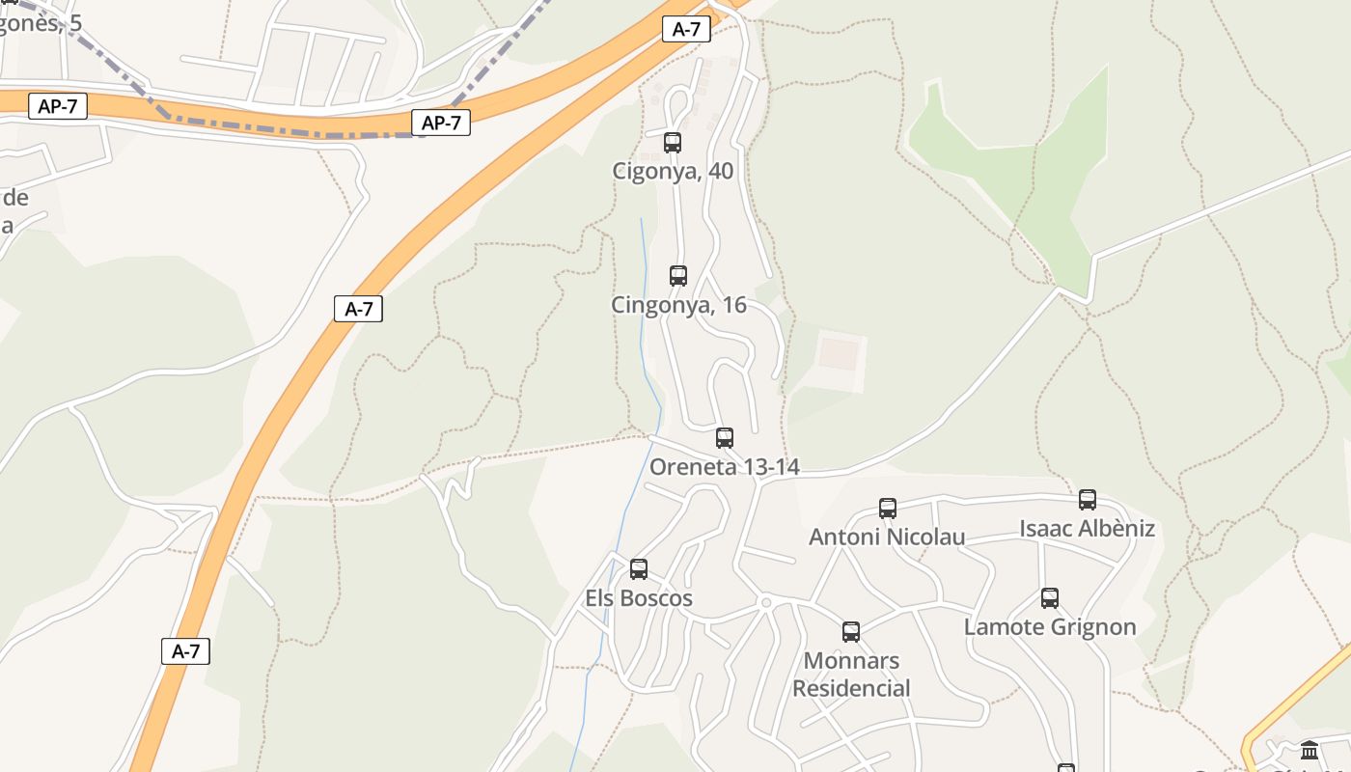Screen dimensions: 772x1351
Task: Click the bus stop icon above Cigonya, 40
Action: click(x=673, y=143)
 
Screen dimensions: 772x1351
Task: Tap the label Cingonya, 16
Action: click(x=678, y=305)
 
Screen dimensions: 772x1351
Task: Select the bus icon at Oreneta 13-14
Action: click(x=725, y=438)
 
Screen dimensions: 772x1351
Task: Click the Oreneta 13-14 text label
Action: click(x=725, y=467)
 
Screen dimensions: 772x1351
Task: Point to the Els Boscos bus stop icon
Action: click(x=639, y=569)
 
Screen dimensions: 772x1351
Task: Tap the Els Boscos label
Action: click(x=639, y=598)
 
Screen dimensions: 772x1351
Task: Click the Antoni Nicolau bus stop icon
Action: click(x=888, y=508)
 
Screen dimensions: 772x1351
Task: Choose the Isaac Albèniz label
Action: click(x=1088, y=529)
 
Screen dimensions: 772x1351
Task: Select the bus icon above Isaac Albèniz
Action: click(x=1088, y=500)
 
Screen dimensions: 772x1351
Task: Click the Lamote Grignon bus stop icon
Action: click(x=1050, y=598)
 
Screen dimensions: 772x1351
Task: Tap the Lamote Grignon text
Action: click(x=1050, y=627)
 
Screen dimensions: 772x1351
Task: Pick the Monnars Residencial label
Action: click(x=851, y=675)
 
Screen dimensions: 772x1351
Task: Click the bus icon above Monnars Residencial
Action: click(x=851, y=632)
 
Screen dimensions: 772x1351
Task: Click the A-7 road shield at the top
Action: click(x=686, y=29)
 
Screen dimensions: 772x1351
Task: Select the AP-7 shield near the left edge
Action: click(x=58, y=106)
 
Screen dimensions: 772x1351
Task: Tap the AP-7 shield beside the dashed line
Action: click(x=441, y=123)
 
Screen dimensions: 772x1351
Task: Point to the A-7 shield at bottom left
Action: click(x=185, y=651)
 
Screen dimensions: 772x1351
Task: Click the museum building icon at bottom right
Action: click(x=1310, y=750)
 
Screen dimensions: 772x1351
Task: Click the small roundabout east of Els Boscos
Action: click(x=766, y=602)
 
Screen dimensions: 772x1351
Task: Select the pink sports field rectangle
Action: click(x=837, y=353)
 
